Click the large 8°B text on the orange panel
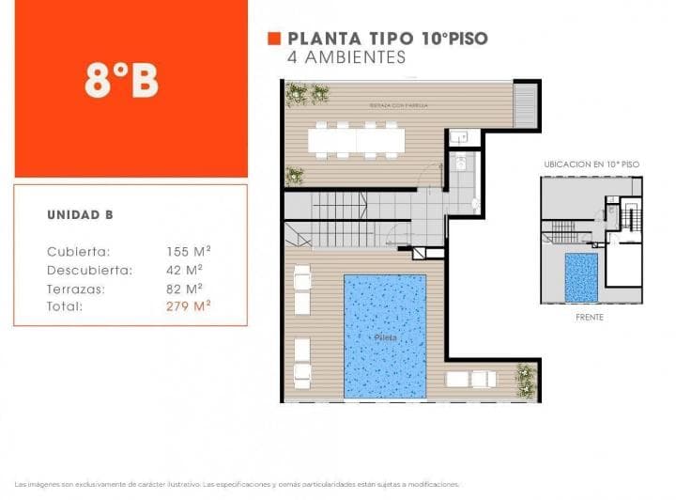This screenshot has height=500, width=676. pyautogui.click(x=121, y=81)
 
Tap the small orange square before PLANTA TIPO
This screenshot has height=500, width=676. pyautogui.click(x=274, y=39)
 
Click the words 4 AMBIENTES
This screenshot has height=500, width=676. pyautogui.click(x=346, y=57)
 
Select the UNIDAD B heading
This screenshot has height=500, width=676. pyautogui.click(x=81, y=215)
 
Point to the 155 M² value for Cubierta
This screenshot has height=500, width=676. pyautogui.click(x=188, y=252)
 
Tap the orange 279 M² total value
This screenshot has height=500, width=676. pyautogui.click(x=188, y=306)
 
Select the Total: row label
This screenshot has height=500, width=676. pyautogui.click(x=65, y=306)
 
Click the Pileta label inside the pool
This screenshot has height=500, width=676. pyautogui.click(x=384, y=336)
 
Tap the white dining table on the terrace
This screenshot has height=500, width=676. pyautogui.click(x=356, y=141)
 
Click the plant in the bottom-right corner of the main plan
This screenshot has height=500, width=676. pyautogui.click(x=526, y=381)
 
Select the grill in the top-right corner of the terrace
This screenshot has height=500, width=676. pyautogui.click(x=527, y=104)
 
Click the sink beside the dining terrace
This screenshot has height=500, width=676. pyautogui.click(x=458, y=137)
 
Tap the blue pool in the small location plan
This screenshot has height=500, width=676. pyautogui.click(x=581, y=276)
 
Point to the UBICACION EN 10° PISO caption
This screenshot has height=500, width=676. pyautogui.click(x=591, y=164)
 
